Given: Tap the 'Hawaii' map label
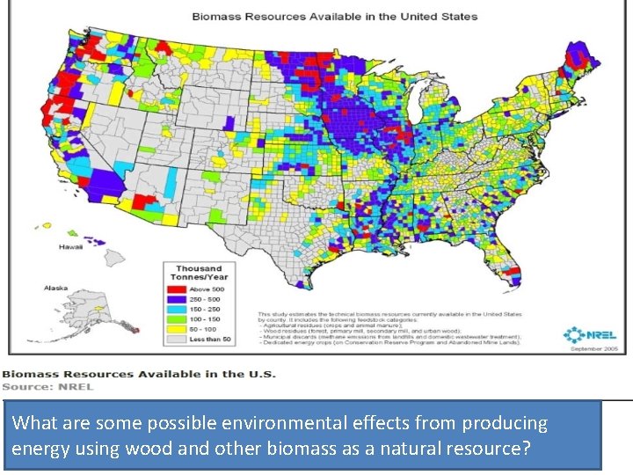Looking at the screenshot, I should pos(72,247).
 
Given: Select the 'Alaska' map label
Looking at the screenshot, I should pos(56,288).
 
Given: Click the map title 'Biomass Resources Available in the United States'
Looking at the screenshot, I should pos(335,17).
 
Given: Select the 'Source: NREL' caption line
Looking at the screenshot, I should pos(47,385).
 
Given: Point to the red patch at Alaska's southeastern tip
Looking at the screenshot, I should pos(133,326).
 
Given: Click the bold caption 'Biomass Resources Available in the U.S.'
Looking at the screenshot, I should pos(139,374).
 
